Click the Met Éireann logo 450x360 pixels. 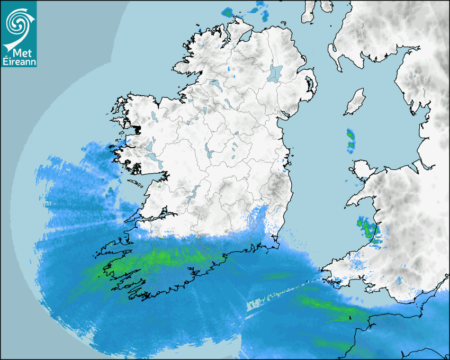[19, 34]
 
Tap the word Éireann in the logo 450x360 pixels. [19, 61]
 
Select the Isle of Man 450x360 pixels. [355, 102]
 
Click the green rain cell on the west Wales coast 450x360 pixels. [366, 228]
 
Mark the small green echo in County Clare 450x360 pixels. [159, 186]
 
